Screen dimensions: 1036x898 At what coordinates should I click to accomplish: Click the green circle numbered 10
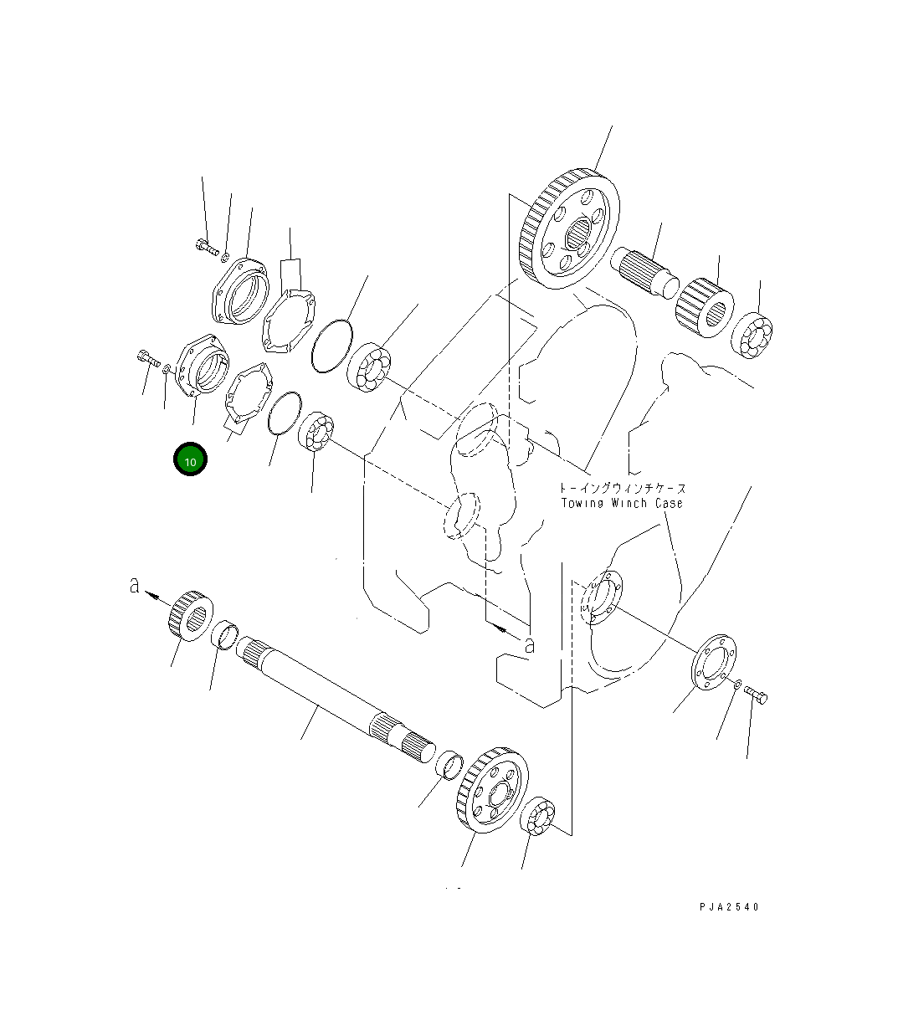tap(190, 460)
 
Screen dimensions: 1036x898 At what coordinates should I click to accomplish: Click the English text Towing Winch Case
tap(622, 503)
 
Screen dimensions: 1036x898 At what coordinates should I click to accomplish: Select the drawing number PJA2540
tap(730, 906)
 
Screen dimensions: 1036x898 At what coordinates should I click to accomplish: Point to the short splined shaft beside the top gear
tap(647, 270)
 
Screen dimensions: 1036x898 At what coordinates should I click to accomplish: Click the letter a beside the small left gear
tap(134, 586)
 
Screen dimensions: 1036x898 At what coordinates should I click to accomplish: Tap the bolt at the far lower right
tap(756, 694)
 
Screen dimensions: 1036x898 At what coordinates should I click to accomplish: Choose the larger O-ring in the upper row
tap(331, 345)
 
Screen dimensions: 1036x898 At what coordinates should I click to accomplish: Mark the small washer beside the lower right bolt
tap(736, 685)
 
